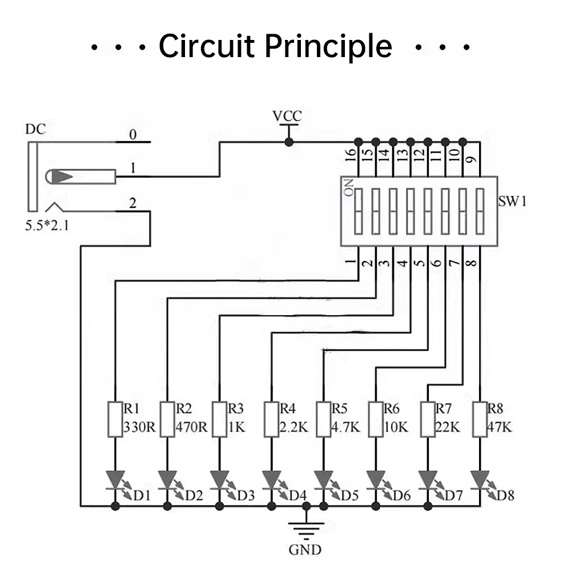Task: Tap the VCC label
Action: coord(287,116)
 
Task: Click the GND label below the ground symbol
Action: coord(305,550)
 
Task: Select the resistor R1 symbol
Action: coord(115,420)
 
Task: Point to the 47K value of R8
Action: coord(499,427)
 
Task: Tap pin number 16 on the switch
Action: coord(351,154)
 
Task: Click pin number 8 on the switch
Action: coord(471,264)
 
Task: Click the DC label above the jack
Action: coord(35,130)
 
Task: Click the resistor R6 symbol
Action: coord(376,420)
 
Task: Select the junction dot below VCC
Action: coord(289,142)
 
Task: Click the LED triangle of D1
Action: coord(115,479)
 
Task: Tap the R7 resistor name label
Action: coord(443,409)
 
